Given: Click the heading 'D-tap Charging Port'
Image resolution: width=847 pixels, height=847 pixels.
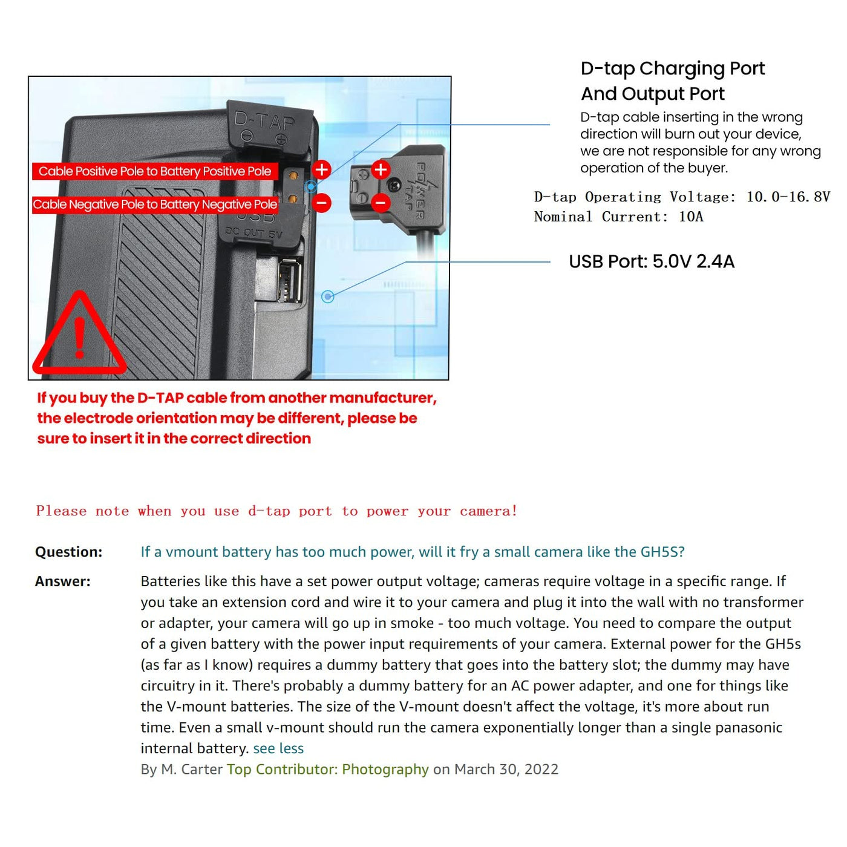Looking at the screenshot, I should click(x=672, y=68).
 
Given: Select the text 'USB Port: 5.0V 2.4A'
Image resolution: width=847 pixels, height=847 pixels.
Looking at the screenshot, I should click(x=652, y=261).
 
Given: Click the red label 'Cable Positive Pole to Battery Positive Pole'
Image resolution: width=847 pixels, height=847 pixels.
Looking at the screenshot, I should click(x=155, y=171).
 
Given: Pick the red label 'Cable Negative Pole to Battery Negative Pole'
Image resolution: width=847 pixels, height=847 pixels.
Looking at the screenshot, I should click(x=155, y=204).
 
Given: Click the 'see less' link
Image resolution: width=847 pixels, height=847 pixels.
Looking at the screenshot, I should click(x=278, y=748).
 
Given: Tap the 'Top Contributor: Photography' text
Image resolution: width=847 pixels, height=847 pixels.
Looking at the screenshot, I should click(x=327, y=769).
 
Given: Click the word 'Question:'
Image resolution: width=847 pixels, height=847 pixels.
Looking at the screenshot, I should click(x=69, y=552).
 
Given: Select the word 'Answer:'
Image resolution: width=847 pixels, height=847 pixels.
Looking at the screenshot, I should click(x=63, y=581).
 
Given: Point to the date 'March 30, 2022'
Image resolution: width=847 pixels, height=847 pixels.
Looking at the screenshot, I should click(x=506, y=769).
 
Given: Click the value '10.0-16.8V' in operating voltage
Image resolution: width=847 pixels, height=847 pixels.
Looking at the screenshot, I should click(x=788, y=197).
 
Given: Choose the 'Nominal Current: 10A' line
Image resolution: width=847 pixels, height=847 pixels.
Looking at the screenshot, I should click(x=618, y=217).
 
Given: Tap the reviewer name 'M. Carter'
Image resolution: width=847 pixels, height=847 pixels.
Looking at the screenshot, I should click(x=192, y=769).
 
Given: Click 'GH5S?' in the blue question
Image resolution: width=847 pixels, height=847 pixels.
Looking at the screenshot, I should click(x=662, y=552).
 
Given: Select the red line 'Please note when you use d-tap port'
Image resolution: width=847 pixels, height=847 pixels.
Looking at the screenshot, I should click(x=276, y=511).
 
